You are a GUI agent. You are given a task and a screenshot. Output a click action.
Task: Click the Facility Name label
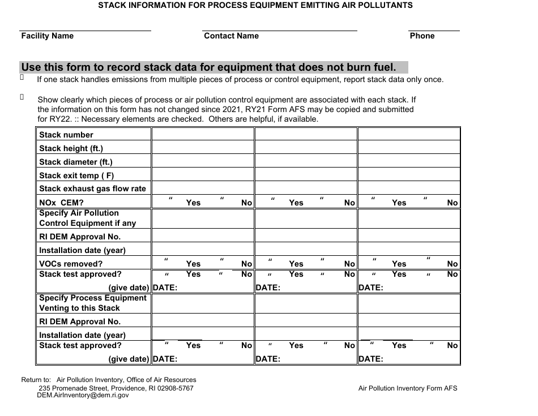pos(48,36)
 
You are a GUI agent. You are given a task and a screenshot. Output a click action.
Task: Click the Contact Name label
pos(231,36)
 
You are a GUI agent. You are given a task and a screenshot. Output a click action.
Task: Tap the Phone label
pos(422,36)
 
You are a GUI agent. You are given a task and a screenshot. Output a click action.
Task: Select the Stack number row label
pos(66,135)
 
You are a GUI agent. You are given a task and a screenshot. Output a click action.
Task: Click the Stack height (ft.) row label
pos(71,148)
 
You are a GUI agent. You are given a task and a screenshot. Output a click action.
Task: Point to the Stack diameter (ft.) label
pos(76,162)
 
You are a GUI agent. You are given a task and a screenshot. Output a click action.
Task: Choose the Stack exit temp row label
pos(76,175)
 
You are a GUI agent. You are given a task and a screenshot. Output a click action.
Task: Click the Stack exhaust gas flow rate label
pos(92,188)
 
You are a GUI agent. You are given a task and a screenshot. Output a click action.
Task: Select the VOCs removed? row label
pos(71,264)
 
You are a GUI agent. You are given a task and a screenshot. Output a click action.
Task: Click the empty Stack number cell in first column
pos(202,135)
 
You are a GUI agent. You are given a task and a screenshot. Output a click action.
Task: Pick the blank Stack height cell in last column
pos(408,148)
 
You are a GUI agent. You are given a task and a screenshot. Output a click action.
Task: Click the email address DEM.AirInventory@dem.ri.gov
pos(83,396)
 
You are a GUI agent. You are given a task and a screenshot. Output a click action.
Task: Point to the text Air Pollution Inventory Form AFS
pos(408,388)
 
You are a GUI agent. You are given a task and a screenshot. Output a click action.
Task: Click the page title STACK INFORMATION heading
pos(255,5)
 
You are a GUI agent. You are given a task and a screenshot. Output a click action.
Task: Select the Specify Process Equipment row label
pos(93,298)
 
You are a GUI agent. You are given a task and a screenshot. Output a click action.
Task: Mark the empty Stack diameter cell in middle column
pos(305,162)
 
